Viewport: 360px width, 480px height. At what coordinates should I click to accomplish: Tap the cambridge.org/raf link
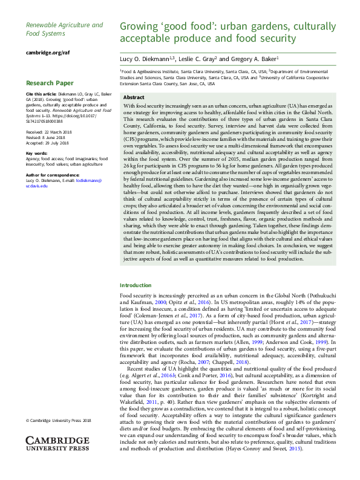(x=48, y=53)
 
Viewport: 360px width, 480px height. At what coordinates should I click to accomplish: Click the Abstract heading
(x=134, y=97)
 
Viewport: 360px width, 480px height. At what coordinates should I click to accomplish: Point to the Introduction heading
(x=136, y=285)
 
